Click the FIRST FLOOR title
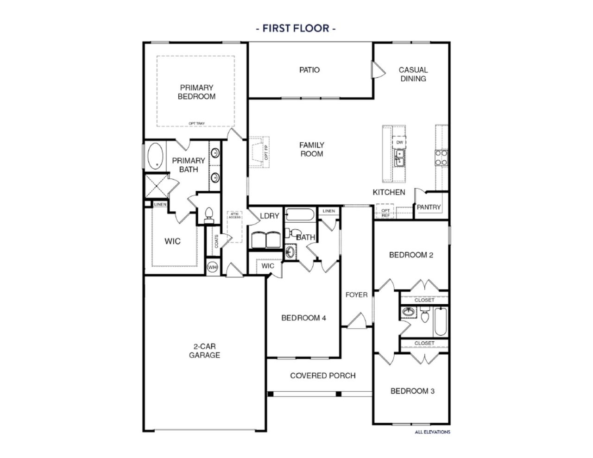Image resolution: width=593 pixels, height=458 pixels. (296, 28)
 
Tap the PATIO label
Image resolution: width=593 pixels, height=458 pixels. (309, 70)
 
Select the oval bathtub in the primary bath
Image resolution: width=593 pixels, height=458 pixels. (155, 156)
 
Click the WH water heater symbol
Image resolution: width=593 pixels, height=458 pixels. (212, 267)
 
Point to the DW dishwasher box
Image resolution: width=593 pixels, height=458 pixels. (399, 142)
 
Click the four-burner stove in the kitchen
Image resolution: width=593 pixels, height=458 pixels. (441, 157)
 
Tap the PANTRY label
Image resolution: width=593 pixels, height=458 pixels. (429, 207)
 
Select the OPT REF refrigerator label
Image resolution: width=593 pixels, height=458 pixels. (385, 213)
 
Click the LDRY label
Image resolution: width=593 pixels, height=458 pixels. (269, 216)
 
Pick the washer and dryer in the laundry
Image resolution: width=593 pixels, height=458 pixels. (265, 240)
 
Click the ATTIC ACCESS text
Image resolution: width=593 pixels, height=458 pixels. (234, 215)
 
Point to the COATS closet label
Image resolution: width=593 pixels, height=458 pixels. (216, 241)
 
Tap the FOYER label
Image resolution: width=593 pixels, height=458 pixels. (356, 295)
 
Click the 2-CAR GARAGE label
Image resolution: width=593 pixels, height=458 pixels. (204, 351)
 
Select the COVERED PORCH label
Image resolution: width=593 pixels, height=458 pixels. (322, 375)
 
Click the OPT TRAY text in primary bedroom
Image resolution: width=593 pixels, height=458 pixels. (196, 123)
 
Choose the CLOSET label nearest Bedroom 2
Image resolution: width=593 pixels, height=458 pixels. (424, 300)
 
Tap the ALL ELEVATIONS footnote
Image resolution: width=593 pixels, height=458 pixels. (432, 432)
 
